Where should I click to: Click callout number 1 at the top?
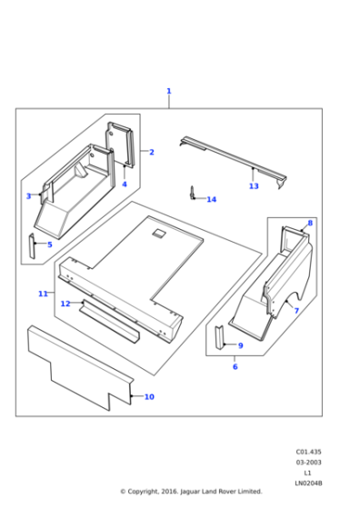coord(168,91)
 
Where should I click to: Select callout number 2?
coord(152,152)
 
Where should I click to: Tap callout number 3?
coord(28,196)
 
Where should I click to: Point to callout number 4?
coord(125,185)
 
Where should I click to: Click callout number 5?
coord(49,245)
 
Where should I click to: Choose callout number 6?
coord(235,366)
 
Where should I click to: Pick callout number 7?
coord(295,311)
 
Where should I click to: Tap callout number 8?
coord(310,223)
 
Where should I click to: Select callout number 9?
coord(240,345)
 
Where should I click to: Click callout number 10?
coord(149,397)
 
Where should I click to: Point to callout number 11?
coord(43,294)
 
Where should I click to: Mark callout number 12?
coord(65,304)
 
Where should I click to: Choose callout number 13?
coord(254,186)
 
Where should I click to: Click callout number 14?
coord(212,199)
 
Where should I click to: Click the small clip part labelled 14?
coord(193,193)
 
